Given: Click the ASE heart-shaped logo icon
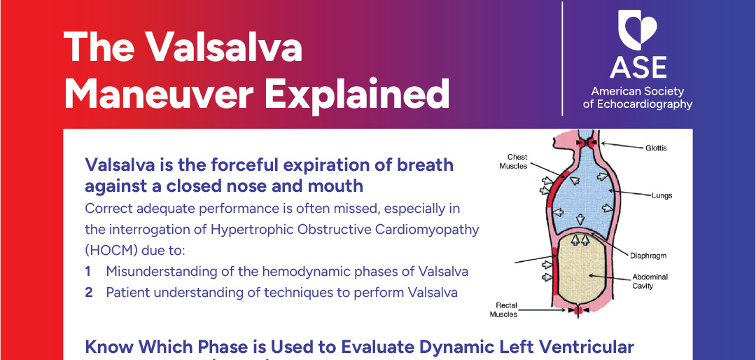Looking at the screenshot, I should [638, 32].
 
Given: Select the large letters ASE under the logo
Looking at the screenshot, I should [638, 67].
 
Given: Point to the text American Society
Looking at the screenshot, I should [638, 91].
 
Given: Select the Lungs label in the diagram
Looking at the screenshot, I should [661, 195].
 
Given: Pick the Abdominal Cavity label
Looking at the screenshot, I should [650, 281].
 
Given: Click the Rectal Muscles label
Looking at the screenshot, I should [506, 310].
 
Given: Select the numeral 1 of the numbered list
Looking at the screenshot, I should [88, 271].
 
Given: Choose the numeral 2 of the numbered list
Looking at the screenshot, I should [89, 292].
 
